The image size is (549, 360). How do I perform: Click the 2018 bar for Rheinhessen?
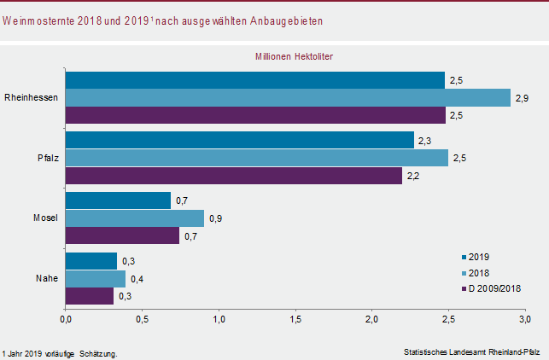pyautogui.click(x=288, y=98)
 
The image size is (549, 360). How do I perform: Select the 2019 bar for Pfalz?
pyautogui.click(x=240, y=140)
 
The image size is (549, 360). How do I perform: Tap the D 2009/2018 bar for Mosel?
pyautogui.click(x=122, y=236)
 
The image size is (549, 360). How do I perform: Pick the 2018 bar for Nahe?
pyautogui.click(x=96, y=278)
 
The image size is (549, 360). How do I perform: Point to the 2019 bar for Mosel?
pyautogui.click(x=118, y=200)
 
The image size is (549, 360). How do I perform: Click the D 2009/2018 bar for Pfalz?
pyautogui.click(x=234, y=176)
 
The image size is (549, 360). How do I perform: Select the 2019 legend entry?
pyautogui.click(x=478, y=257)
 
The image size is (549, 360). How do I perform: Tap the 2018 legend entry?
pyautogui.click(x=478, y=273)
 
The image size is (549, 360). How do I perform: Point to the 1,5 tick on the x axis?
pyautogui.click(x=295, y=320)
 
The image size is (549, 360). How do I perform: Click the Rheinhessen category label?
pyautogui.click(x=31, y=97)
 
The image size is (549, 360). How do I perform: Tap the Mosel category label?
pyautogui.click(x=44, y=218)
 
